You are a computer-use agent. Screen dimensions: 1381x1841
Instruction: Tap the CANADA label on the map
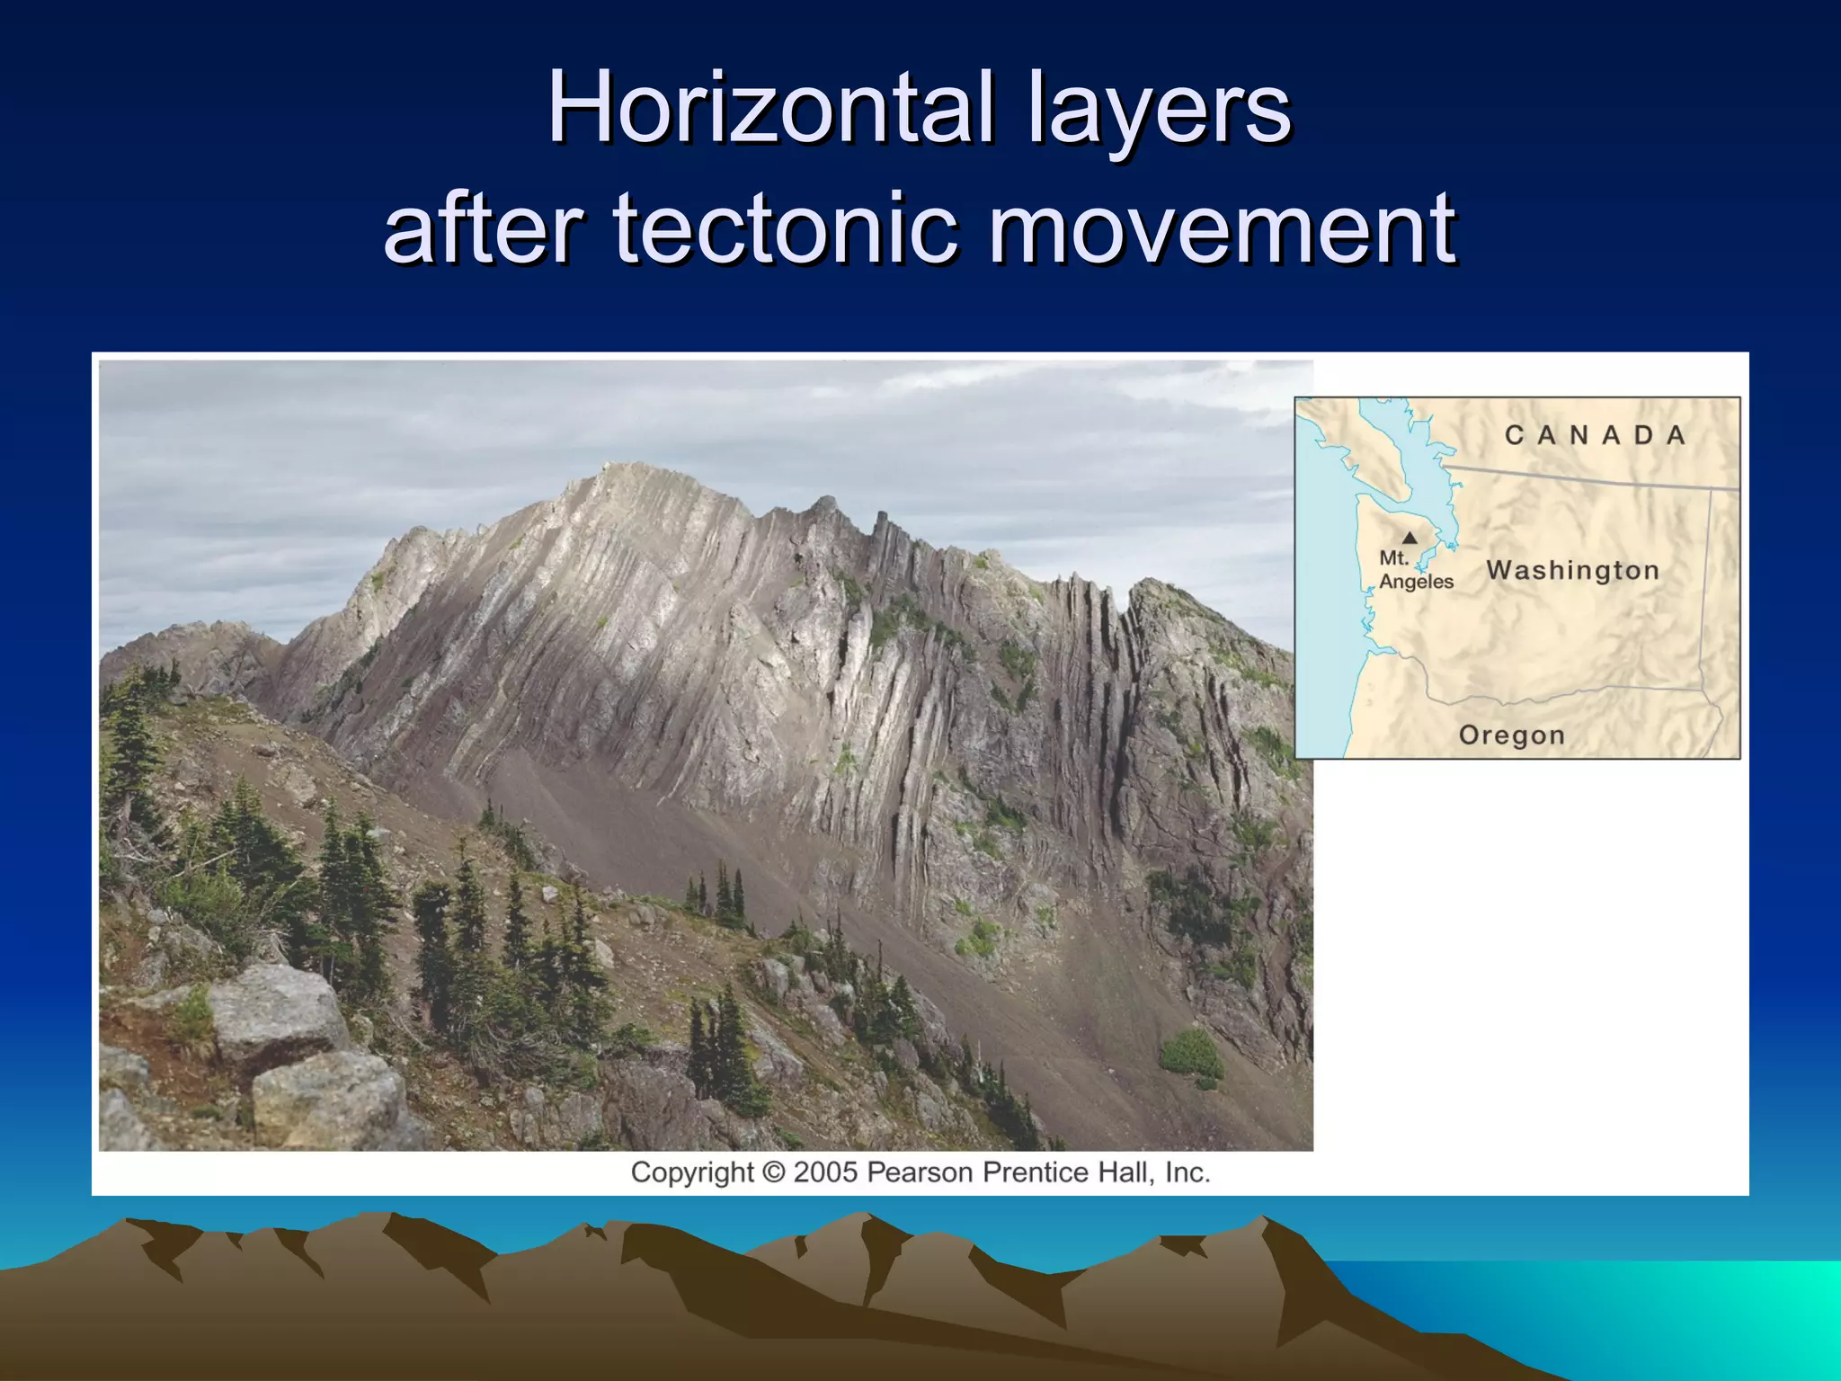click(1595, 436)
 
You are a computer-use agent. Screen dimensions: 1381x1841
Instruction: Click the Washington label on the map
click(1572, 570)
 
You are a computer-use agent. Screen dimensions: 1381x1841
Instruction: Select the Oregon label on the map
click(1511, 735)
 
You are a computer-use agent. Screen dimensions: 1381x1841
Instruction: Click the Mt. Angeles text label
click(1415, 570)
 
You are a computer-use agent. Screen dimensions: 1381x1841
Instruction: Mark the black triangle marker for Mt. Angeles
click(1410, 538)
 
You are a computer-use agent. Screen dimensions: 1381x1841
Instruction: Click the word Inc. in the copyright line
click(1187, 1172)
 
